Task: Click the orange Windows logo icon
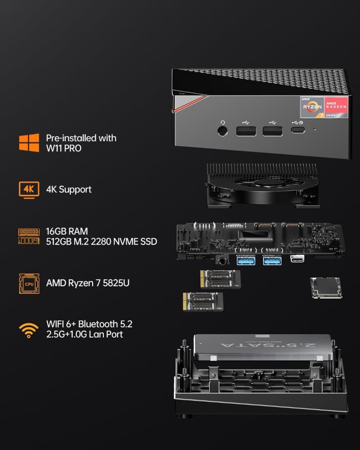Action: click(29, 143)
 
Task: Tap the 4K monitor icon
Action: click(29, 190)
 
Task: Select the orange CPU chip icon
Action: click(29, 283)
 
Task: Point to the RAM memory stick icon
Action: click(29, 236)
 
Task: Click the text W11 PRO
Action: click(63, 148)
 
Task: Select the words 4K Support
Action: click(68, 190)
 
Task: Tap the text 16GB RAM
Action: click(67, 231)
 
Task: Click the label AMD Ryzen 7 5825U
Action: click(87, 283)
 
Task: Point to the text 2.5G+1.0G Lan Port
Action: click(85, 334)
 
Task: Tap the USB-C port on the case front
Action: click(298, 130)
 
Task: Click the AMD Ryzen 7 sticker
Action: click(312, 107)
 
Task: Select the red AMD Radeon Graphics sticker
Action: click(336, 107)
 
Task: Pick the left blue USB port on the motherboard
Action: click(246, 260)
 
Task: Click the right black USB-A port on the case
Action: click(272, 130)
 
